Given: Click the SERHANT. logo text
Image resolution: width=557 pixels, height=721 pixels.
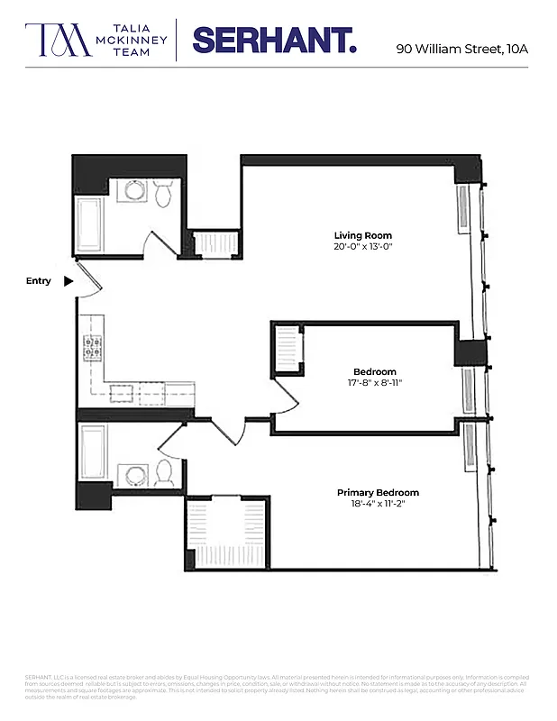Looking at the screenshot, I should tap(274, 41).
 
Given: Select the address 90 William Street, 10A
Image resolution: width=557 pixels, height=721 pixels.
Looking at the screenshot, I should tap(461, 49).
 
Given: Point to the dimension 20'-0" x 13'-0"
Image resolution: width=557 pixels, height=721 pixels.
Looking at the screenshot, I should tap(363, 247).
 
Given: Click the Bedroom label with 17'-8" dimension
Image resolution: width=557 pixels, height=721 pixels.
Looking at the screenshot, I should tap(374, 371).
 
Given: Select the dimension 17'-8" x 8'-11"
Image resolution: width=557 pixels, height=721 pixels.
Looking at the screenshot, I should tap(374, 383).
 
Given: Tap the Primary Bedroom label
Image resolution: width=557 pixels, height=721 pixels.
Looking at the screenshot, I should tap(378, 492).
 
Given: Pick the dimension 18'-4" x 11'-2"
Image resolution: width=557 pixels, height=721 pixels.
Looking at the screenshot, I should tap(378, 505).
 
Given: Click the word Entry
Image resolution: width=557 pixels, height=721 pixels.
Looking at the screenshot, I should tap(38, 281).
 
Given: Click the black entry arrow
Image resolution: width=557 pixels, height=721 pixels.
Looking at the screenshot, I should tap(68, 281).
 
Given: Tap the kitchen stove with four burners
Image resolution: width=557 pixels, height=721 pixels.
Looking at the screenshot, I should tap(93, 347).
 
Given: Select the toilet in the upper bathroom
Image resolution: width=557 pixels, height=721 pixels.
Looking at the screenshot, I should tap(163, 193).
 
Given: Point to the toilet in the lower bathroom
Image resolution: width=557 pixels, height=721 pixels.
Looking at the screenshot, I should tap(164, 472).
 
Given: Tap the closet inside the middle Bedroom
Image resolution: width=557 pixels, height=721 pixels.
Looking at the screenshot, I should tap(288, 349).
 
